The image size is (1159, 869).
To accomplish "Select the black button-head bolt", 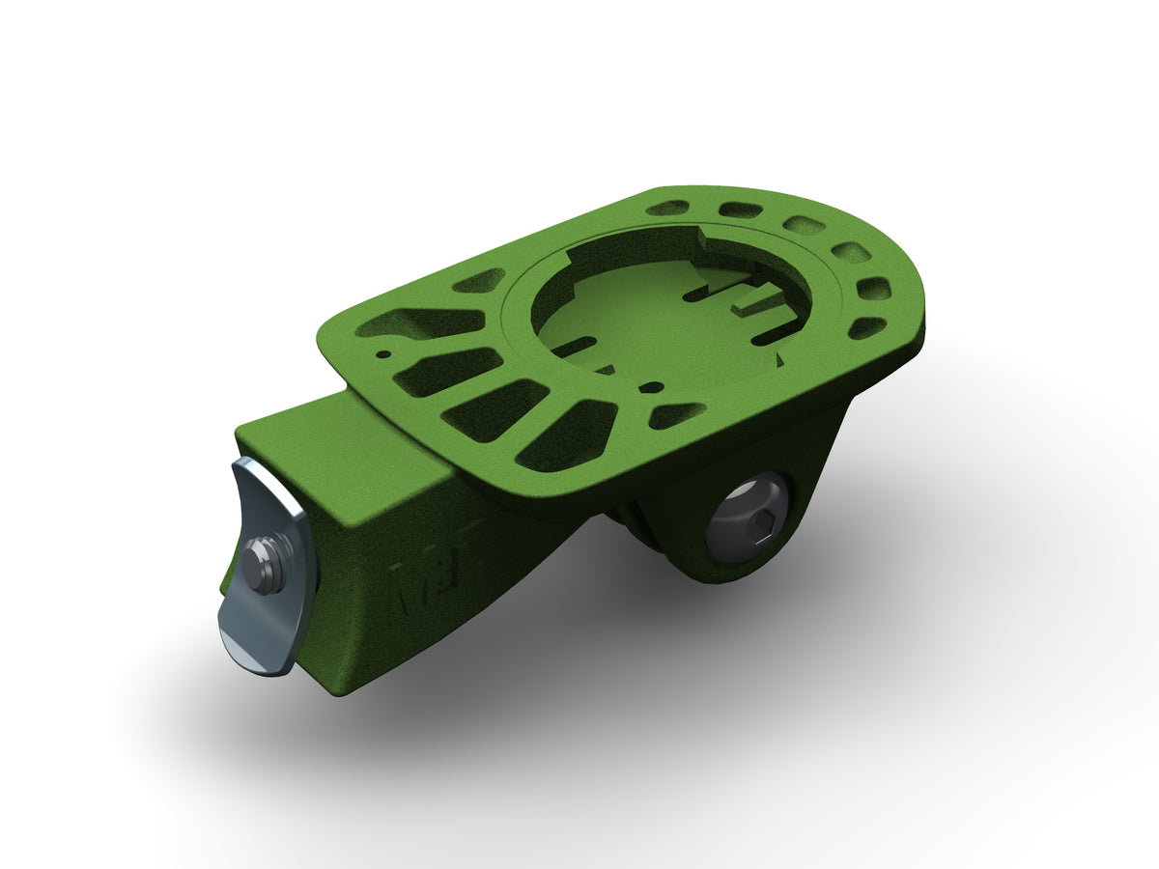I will [748, 526].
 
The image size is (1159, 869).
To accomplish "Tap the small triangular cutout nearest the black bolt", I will [680, 415].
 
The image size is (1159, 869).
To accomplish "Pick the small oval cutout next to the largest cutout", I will [478, 281].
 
